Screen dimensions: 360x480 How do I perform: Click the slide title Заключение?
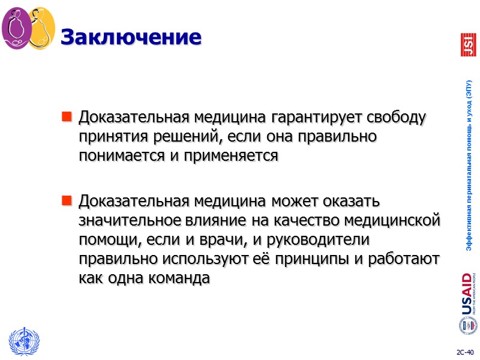[130, 37]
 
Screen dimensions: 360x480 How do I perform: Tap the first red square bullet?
[67, 115]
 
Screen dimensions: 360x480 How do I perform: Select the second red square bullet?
[67, 199]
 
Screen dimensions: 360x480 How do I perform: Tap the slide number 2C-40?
[464, 351]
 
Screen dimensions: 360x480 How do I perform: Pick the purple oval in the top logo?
[16, 28]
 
